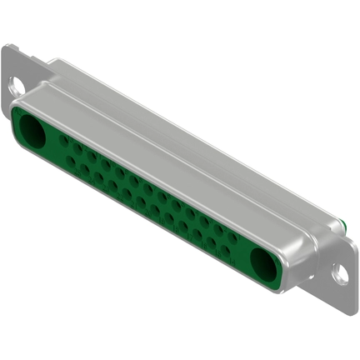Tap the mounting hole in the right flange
pyautogui.click(x=341, y=271)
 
